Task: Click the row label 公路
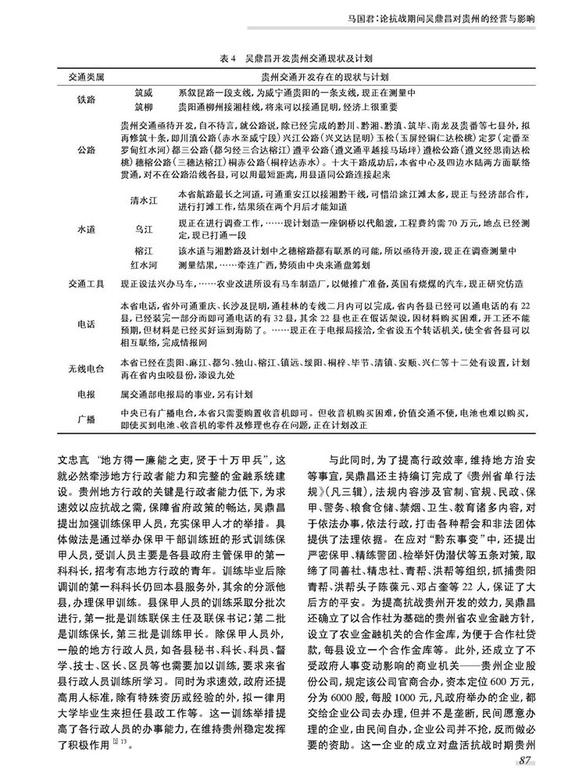click(x=87, y=150)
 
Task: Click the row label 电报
click(x=87, y=394)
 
